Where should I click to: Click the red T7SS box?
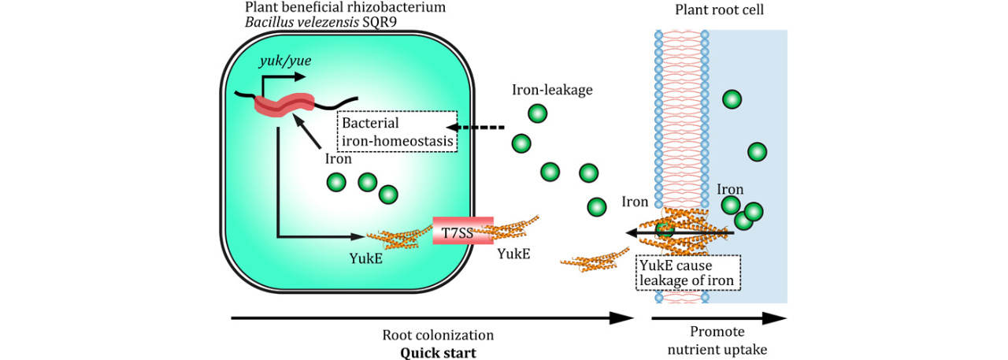click(x=463, y=230)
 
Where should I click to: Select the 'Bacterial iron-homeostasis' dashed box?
click(x=397, y=132)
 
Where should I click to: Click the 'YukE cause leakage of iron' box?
click(x=687, y=271)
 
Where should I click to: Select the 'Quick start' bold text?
click(x=438, y=352)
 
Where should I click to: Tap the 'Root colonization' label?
click(x=438, y=335)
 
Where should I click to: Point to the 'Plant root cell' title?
click(x=720, y=9)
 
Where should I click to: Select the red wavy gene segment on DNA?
click(x=283, y=105)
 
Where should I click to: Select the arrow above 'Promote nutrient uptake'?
click(x=718, y=317)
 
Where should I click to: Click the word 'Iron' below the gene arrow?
click(x=339, y=158)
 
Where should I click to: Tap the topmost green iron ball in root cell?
click(x=732, y=99)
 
